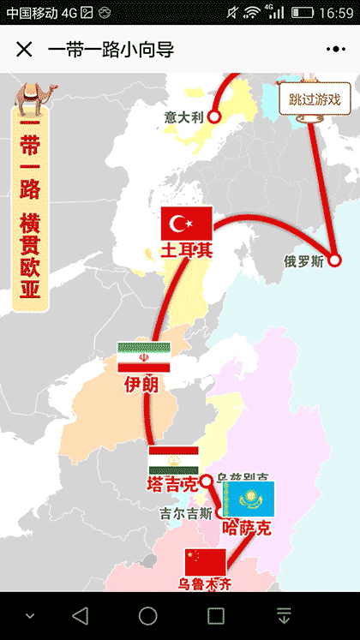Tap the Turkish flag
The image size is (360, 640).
point(187,224)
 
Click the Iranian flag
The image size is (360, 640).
point(144,357)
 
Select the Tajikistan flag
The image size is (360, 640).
point(174,460)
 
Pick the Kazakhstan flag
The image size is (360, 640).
point(249,498)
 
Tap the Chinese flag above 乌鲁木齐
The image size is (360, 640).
point(206,562)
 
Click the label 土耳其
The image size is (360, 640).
point(186,250)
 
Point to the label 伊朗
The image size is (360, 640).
point(141,384)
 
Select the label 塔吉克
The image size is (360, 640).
point(172,485)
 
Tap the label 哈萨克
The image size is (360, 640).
point(247,527)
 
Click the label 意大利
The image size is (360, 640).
point(184,117)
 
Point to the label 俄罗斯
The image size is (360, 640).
point(304,262)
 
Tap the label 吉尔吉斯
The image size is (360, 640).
point(185,514)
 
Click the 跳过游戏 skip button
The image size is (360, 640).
point(315,99)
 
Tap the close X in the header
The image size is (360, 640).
point(24,49)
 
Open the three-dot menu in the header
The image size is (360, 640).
point(336,49)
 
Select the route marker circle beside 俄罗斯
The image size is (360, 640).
point(334,261)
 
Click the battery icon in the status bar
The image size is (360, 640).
point(302,13)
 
